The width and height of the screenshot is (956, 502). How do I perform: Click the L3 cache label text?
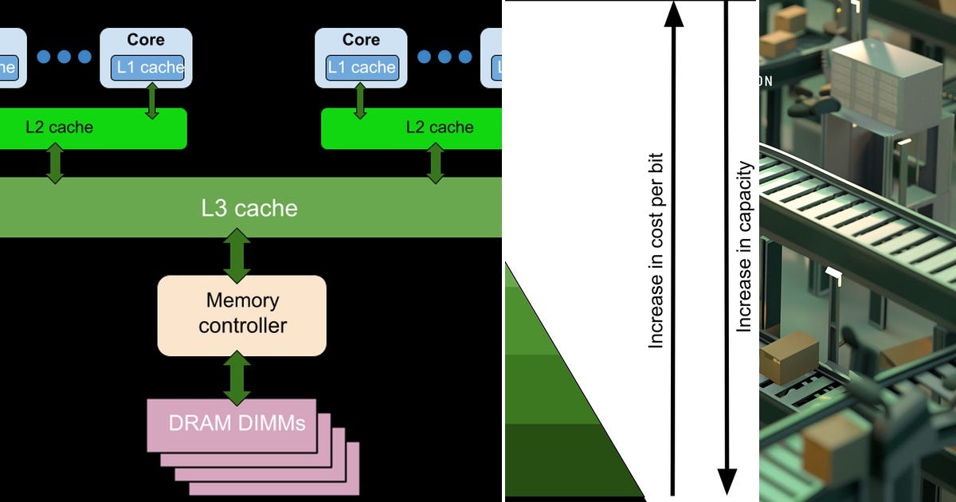[x=249, y=208]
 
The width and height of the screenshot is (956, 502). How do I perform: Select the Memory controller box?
[x=241, y=315]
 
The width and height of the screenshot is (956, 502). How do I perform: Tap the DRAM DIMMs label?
[x=237, y=422]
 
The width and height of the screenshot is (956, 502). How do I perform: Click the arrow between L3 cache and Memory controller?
[x=237, y=256]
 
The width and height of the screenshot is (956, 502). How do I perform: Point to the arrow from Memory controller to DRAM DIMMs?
[x=237, y=378]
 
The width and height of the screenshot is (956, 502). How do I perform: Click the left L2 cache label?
[x=59, y=127]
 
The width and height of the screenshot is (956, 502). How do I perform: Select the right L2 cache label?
[x=439, y=127]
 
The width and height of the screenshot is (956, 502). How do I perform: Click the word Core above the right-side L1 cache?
[x=361, y=40]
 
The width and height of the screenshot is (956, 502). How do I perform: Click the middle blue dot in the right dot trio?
[x=445, y=57]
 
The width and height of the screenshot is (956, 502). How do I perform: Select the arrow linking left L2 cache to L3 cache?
[x=55, y=163]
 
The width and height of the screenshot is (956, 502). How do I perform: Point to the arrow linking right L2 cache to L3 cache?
[x=435, y=163]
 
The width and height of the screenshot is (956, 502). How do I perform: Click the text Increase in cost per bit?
[x=656, y=251]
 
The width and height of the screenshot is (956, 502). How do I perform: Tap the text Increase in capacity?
[x=744, y=247]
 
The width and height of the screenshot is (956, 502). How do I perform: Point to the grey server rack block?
[x=884, y=80]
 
